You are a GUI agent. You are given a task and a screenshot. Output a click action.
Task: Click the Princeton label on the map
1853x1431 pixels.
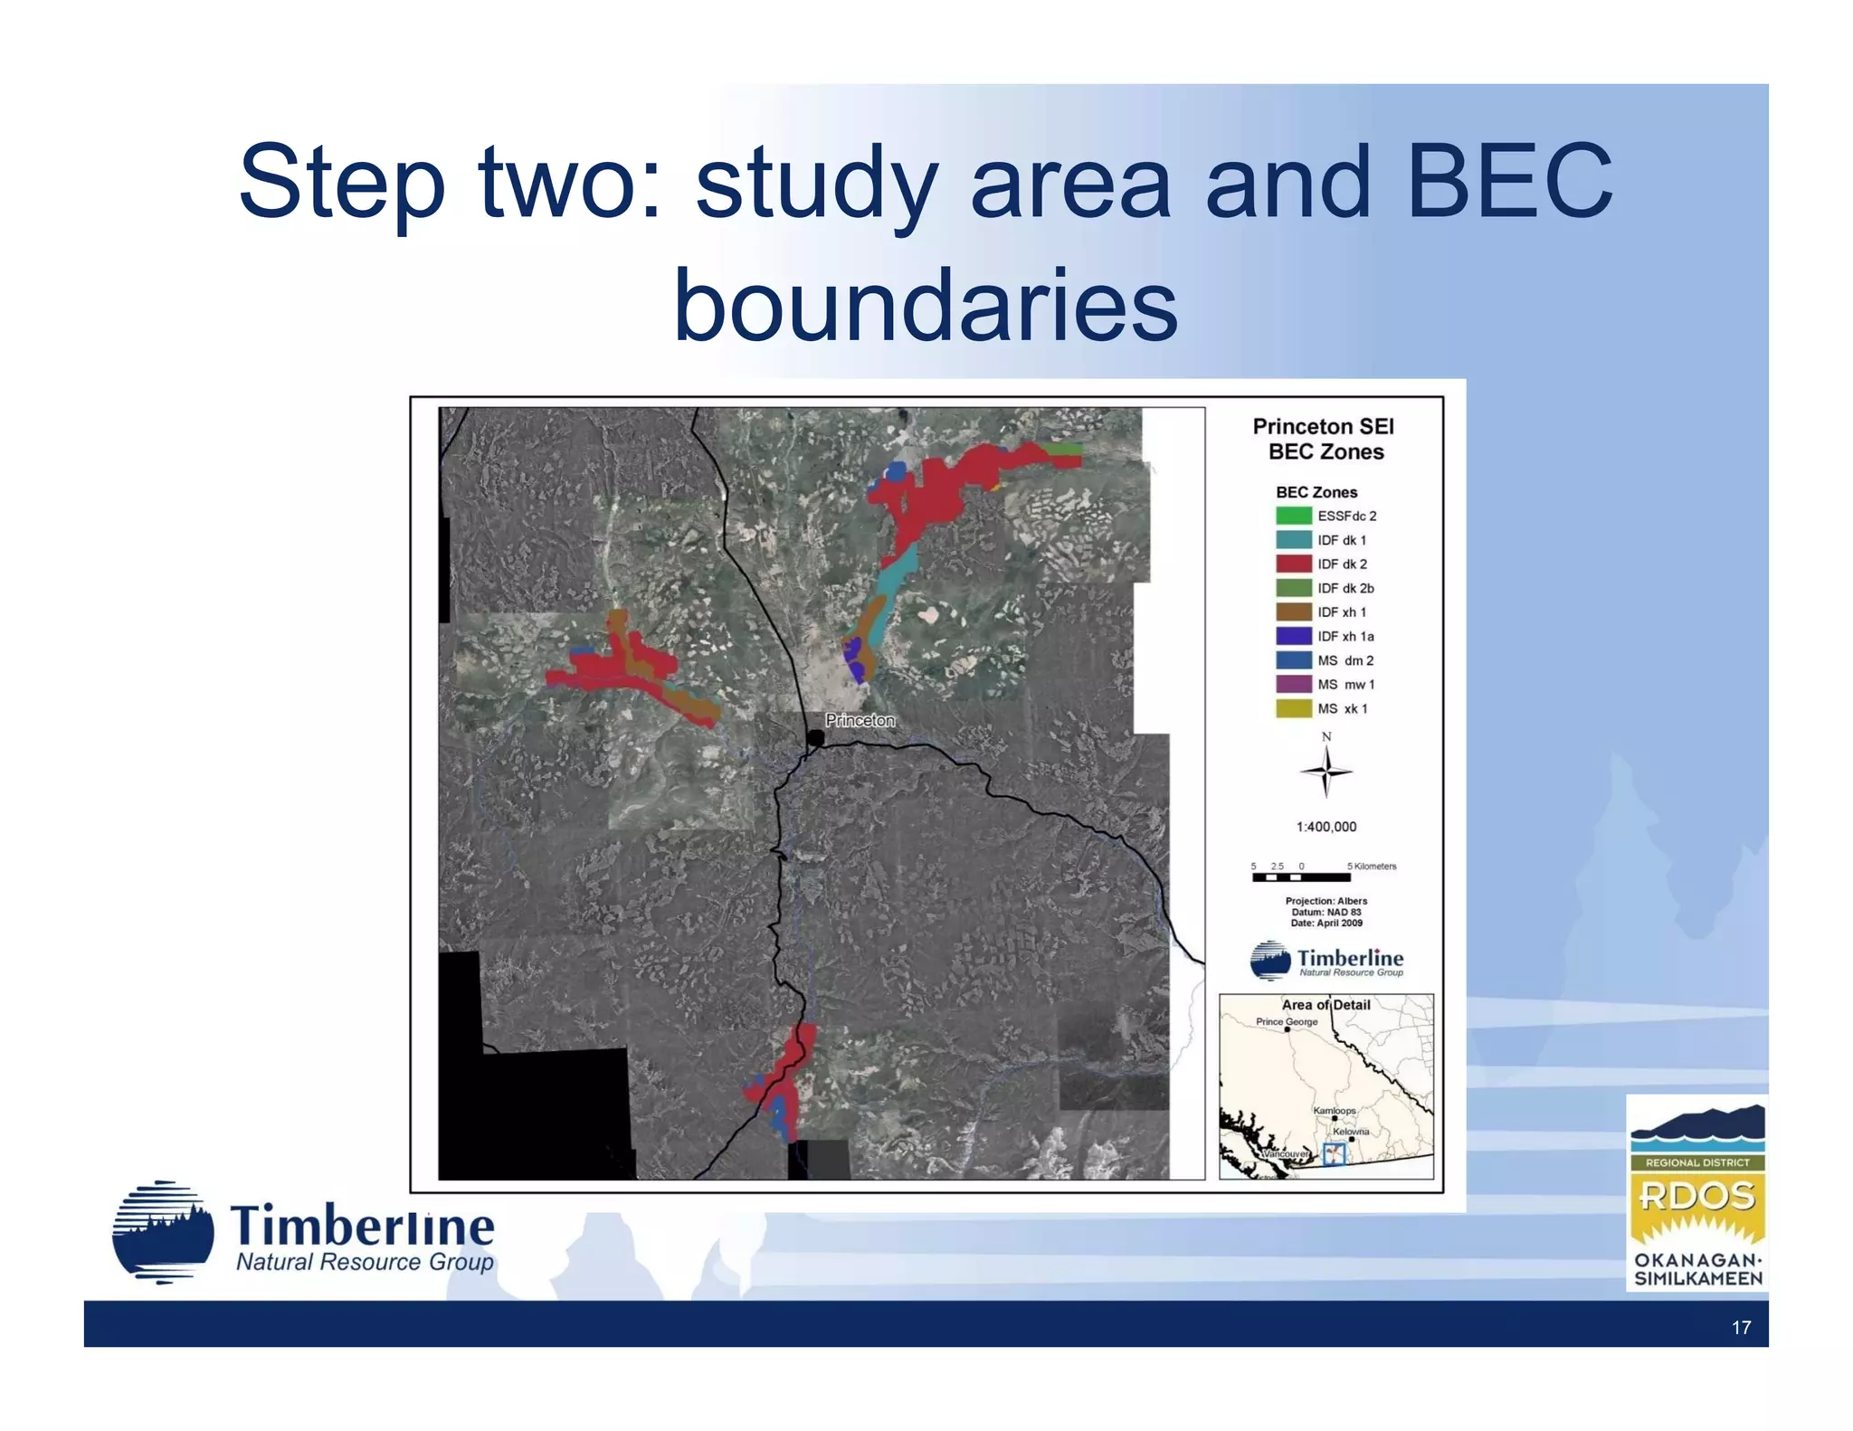coord(860,720)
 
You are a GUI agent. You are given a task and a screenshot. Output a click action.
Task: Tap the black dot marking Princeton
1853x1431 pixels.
coord(815,738)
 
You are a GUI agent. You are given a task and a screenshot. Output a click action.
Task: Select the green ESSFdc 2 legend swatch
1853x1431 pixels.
coord(1293,516)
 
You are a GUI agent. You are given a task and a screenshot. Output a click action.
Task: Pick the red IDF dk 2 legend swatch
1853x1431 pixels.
coord(1293,564)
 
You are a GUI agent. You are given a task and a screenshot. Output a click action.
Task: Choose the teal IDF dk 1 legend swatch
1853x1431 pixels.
coord(1293,540)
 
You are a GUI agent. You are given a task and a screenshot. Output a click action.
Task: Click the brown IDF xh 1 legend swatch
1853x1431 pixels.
coord(1293,612)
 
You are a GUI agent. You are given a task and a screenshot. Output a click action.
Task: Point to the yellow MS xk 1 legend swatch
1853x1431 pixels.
coord(1293,708)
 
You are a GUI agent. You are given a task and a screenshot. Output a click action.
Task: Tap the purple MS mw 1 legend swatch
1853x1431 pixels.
coord(1293,685)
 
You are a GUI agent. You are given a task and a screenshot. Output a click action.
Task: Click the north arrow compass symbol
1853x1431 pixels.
coord(1326,771)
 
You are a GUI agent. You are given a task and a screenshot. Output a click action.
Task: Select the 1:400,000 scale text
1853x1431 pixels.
coord(1326,827)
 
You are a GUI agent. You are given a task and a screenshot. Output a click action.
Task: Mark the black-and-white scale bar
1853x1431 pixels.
coord(1301,877)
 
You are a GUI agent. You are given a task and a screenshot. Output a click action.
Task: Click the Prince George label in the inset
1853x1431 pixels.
coord(1287,1022)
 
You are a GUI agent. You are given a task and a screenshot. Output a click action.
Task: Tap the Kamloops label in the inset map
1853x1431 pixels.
coord(1335,1111)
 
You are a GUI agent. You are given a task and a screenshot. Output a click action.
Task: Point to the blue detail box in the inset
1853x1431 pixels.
coord(1334,1154)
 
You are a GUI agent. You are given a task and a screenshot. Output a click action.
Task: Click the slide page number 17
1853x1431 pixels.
coord(1741,1327)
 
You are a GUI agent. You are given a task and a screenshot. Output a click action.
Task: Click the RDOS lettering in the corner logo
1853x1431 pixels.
coord(1697,1197)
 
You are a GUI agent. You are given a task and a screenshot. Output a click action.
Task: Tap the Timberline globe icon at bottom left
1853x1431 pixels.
coord(163,1232)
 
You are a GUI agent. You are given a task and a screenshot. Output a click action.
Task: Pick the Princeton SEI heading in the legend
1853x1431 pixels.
coord(1323,426)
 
